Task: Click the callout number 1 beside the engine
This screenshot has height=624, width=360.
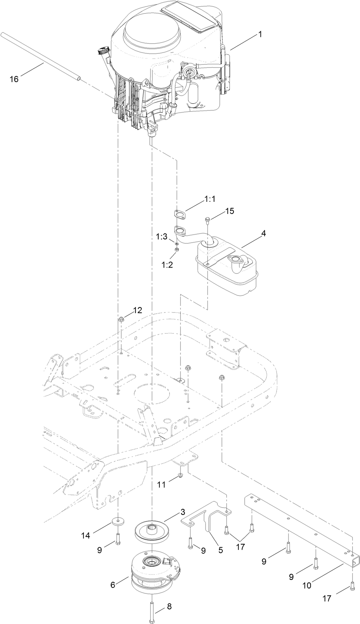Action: click(x=260, y=34)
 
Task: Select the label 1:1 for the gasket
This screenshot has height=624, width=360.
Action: click(x=210, y=199)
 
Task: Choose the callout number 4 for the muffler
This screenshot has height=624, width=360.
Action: click(x=263, y=234)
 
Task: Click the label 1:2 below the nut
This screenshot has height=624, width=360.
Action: click(x=167, y=265)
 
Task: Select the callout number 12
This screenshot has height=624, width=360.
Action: click(x=137, y=310)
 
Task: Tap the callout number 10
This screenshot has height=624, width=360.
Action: click(x=306, y=586)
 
